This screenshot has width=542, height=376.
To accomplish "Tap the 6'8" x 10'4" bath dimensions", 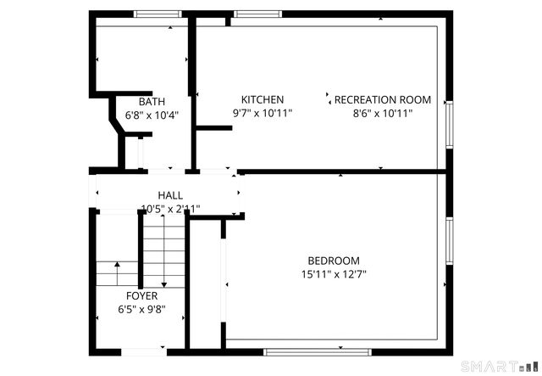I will (152, 114).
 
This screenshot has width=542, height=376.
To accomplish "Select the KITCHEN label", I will (262, 99).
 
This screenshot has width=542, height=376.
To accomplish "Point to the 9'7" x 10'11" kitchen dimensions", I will (262, 112).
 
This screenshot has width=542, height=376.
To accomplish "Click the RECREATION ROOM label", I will (382, 99).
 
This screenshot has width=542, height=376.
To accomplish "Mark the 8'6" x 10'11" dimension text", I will (382, 112).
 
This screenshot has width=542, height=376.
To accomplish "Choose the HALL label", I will (169, 195).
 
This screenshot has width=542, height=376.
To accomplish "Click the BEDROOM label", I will (333, 261).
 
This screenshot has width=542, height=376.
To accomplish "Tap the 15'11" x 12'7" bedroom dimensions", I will (333, 274).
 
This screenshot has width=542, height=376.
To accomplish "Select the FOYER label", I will (141, 296).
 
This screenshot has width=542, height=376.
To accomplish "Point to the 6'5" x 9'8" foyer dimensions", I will (141, 309).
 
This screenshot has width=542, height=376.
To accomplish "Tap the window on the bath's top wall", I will (158, 14).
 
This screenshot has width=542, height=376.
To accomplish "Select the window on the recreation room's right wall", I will (450, 125).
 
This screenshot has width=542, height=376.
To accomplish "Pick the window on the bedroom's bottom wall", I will (317, 351).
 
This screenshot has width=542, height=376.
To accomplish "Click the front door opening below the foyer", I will (143, 351).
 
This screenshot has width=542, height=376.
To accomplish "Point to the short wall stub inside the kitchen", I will (213, 128).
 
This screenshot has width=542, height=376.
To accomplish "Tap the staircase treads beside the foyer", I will (162, 250).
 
